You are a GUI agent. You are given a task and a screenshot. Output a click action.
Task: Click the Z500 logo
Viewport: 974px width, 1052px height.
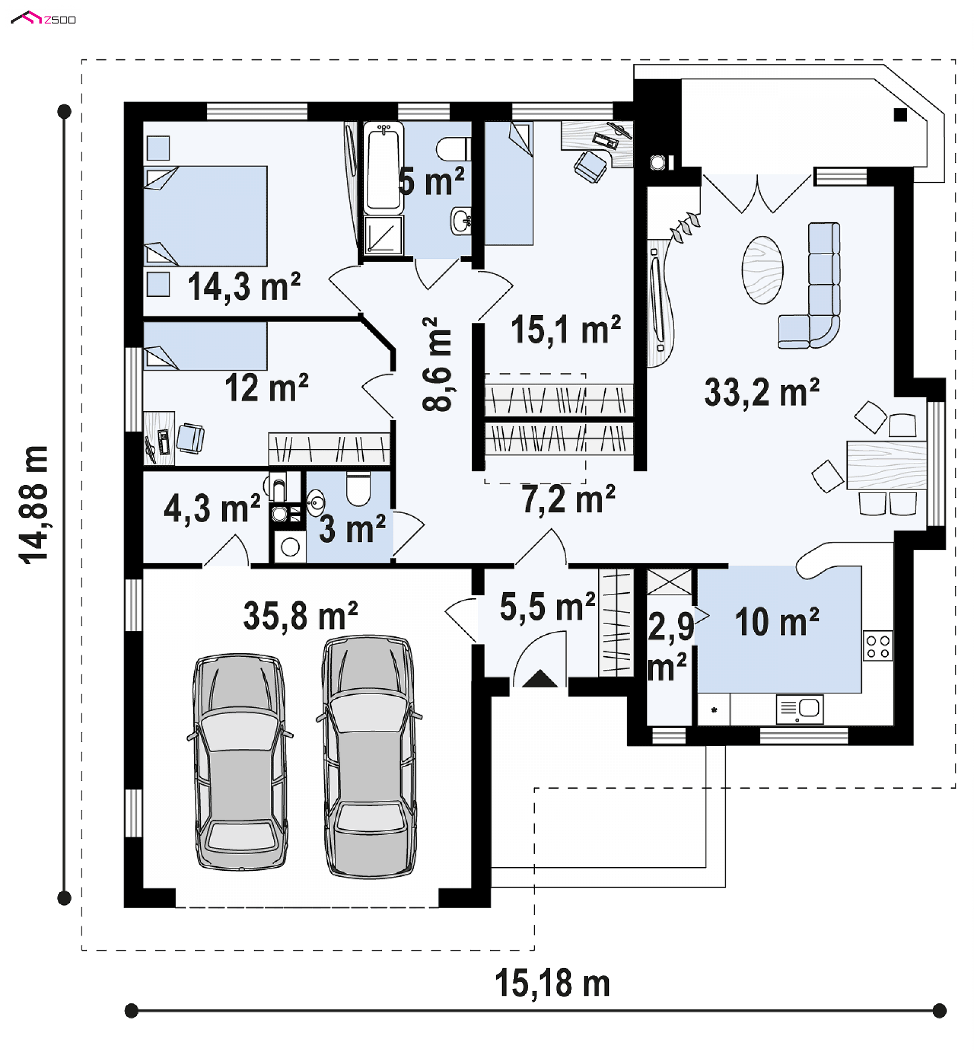click(x=43, y=18)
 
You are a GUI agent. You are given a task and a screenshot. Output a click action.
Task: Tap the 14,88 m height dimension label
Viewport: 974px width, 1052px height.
click(x=33, y=504)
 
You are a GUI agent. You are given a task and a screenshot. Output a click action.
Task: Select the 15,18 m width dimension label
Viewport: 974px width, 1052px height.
click(x=552, y=983)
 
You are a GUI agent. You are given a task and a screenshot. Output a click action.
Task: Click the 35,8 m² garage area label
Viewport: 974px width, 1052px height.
click(x=300, y=616)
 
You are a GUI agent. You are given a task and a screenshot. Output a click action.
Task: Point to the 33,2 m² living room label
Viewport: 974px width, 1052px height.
click(x=761, y=392)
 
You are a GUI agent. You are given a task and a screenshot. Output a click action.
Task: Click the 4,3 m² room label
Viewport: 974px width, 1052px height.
click(x=213, y=508)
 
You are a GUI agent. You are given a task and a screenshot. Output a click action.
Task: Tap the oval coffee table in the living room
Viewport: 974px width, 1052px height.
click(x=762, y=269)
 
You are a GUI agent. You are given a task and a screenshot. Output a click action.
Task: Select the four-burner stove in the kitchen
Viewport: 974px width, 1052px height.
click(x=878, y=646)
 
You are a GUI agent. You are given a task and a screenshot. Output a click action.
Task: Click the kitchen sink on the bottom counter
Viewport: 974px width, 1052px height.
click(x=799, y=709)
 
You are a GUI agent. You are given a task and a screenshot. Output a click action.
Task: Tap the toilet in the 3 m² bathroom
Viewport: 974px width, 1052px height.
click(x=358, y=488)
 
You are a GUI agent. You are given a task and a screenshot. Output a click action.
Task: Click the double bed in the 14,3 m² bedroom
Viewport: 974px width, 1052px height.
click(x=205, y=216)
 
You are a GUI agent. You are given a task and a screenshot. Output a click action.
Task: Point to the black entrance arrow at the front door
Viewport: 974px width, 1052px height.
click(x=540, y=678)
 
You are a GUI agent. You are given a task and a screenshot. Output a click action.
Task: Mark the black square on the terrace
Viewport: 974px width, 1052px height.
click(x=900, y=114)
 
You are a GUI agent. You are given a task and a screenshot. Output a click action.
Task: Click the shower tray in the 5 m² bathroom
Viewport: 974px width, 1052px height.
click(x=383, y=235)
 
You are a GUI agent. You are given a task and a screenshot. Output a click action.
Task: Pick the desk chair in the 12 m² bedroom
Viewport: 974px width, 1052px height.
click(x=190, y=438)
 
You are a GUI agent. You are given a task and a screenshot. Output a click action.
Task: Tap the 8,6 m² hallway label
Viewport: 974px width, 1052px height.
click(x=437, y=364)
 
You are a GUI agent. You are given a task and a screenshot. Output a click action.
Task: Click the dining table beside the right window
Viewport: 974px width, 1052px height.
click(x=887, y=465)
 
